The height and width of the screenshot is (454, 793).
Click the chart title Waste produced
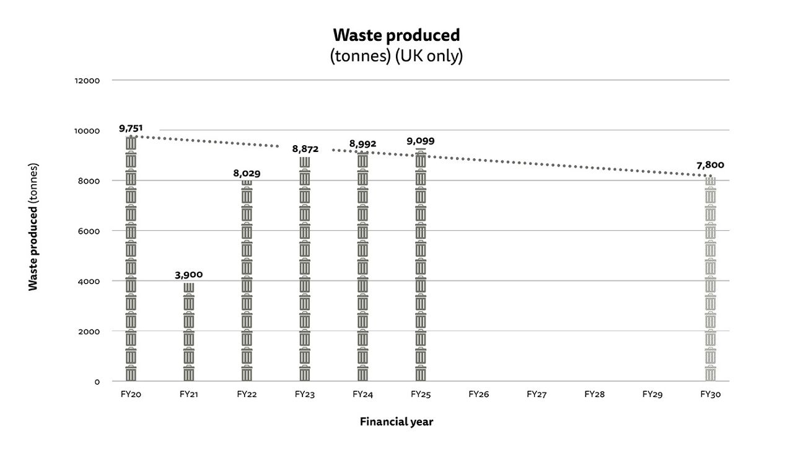(396, 35)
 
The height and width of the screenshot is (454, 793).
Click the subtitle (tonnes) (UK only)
(396, 56)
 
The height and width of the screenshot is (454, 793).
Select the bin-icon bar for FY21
(189, 332)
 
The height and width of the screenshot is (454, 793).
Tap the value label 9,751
(131, 128)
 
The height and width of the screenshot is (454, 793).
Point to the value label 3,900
(189, 275)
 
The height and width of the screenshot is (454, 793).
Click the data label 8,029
(247, 174)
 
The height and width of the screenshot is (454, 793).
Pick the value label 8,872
(305, 149)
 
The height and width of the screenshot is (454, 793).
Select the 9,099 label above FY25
(421, 141)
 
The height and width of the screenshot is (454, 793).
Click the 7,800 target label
(710, 165)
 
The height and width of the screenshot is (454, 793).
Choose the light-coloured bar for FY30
(710, 279)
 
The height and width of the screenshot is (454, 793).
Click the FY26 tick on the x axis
(478, 394)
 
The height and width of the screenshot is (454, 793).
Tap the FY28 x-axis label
(594, 394)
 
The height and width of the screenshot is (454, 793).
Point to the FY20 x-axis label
(131, 394)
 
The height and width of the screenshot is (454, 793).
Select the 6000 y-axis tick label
(89, 231)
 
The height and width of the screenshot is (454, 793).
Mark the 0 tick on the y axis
(97, 381)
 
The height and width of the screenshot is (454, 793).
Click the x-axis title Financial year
(396, 422)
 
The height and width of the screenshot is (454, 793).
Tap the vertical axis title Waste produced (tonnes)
(33, 227)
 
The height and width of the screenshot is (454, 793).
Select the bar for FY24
(362, 267)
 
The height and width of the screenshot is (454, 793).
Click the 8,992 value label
(362, 144)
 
